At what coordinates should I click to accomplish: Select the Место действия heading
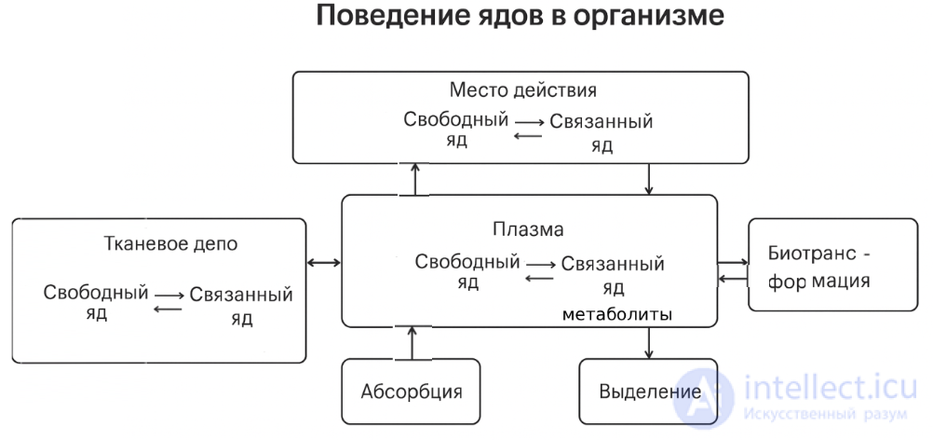pos(522,91)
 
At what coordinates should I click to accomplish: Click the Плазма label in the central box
pos(528,228)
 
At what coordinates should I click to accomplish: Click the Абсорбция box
pos(411,391)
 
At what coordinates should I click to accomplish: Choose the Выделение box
pos(649,391)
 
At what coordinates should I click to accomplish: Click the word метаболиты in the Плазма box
pos(616,316)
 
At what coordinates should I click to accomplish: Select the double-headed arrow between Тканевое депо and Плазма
pos(324,263)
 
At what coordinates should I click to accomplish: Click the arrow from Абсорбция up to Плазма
pos(410,342)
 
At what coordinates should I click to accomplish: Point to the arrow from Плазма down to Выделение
pos(649,342)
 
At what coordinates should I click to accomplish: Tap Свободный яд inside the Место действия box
pos(456,130)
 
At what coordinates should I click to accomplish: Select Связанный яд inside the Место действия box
pos(602,131)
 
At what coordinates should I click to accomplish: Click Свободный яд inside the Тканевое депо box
pos(95,302)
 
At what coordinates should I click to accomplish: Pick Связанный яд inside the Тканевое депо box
pos(240,305)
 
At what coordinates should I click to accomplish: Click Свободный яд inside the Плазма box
pos(467,271)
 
